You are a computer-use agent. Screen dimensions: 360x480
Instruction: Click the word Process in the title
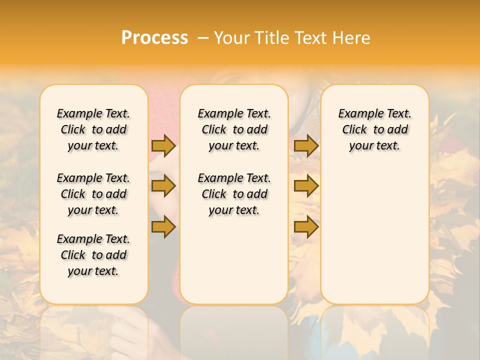pos(154,37)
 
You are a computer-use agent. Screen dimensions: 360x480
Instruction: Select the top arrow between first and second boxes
pos(163,145)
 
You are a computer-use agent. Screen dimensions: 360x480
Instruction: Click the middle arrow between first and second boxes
pos(163,186)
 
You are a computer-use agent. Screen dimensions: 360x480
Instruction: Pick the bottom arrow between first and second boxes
pos(163,226)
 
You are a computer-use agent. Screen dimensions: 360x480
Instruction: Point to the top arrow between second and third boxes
pos(306,145)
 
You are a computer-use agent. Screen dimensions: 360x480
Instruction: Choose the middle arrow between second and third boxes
pos(306,186)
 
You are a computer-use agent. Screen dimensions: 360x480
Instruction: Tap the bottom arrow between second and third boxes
pos(306,226)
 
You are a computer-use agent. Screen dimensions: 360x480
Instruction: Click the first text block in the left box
pos(93,129)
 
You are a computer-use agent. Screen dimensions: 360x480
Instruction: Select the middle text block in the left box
pos(93,194)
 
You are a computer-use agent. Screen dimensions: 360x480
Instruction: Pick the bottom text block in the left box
pos(93,255)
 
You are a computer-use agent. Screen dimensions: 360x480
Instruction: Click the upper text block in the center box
pos(234,129)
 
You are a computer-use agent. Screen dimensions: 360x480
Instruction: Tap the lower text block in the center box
pos(234,194)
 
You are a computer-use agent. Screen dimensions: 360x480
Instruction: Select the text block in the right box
pos(374,129)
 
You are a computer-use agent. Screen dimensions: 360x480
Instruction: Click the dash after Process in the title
pos(202,37)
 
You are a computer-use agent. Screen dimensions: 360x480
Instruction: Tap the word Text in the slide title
pos(311,37)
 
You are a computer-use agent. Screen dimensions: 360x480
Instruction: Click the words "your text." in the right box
pos(374,145)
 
